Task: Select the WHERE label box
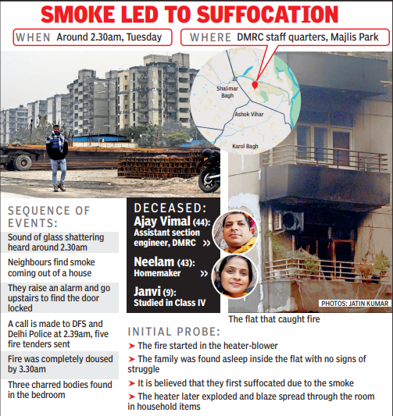(206, 37)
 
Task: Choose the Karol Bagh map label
(247, 145)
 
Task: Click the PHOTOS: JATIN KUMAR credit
(352, 304)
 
